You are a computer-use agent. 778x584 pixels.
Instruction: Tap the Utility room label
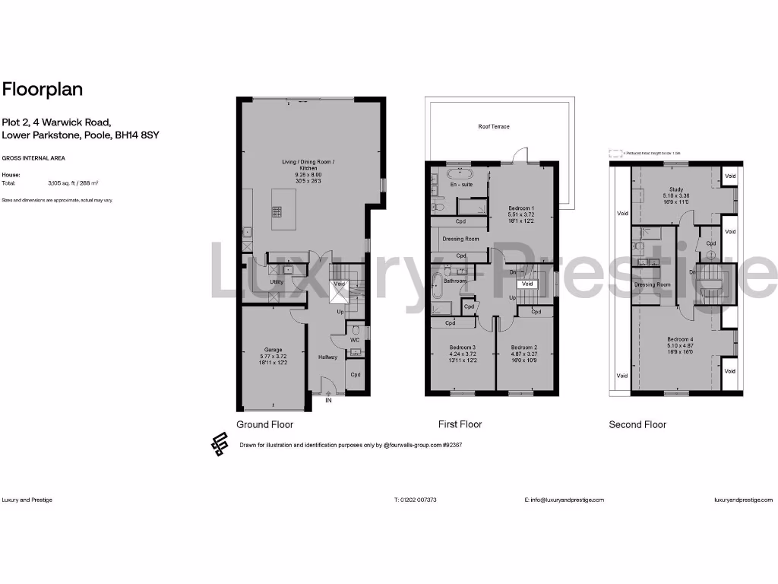(277, 282)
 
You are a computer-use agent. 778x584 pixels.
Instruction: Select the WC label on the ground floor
(354, 340)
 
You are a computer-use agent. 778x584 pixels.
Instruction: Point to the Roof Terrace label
(494, 126)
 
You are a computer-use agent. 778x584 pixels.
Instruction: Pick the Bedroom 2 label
(524, 347)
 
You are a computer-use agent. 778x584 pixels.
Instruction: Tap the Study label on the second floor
(676, 189)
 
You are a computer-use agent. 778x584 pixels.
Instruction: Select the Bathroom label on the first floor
(455, 281)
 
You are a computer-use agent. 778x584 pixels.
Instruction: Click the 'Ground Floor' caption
(264, 424)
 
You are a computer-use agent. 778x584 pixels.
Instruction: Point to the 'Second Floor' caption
(637, 424)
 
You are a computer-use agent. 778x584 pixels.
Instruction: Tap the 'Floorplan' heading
(43, 89)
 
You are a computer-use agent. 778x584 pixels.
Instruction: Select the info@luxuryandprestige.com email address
(564, 500)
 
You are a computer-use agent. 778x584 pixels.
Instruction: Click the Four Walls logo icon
(220, 444)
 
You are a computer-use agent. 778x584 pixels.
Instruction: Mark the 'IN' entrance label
(329, 400)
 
